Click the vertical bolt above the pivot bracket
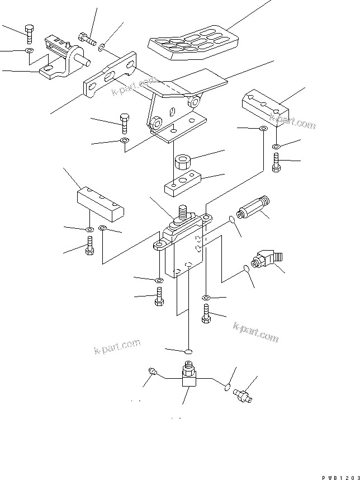point(29,34)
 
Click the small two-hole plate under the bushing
point(183,183)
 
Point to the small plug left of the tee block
point(153,370)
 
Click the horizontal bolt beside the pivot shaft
point(87,39)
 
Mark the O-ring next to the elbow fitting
point(247,270)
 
